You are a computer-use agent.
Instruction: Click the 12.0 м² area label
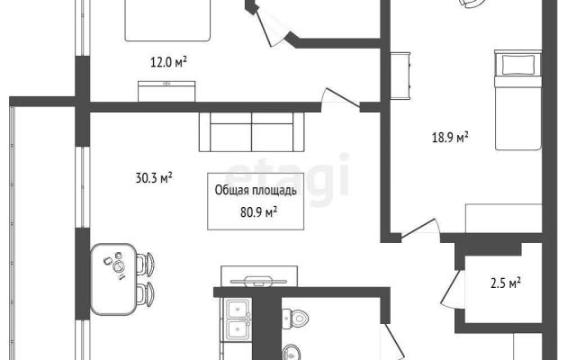click(168, 62)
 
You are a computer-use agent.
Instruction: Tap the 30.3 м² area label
click(154, 178)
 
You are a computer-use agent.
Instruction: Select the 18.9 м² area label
click(450, 138)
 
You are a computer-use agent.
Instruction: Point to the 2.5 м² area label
click(506, 283)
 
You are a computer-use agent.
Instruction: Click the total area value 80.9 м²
click(258, 212)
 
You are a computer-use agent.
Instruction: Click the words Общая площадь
click(256, 190)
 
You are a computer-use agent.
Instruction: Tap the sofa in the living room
click(252, 132)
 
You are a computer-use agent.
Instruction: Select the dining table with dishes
click(113, 279)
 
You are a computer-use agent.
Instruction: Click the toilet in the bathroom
click(295, 319)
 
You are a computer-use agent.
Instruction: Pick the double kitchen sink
click(238, 319)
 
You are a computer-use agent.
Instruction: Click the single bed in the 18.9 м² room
click(518, 100)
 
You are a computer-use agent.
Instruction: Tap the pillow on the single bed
click(518, 65)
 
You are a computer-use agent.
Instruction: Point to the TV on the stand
click(259, 281)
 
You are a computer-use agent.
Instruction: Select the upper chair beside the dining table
click(145, 264)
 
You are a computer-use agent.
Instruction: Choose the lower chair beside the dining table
click(145, 294)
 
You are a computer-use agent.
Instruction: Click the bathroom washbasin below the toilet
click(292, 352)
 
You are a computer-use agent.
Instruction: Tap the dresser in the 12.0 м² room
click(166, 91)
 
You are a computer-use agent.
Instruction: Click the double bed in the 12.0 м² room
click(167, 20)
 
